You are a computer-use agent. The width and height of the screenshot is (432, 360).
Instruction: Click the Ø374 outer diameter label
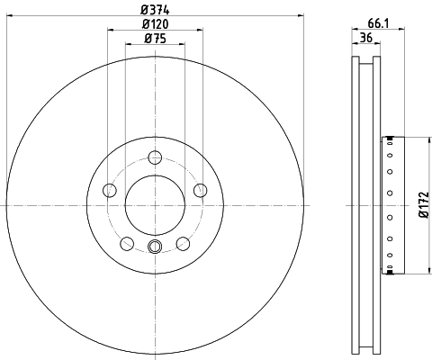coord(155,10)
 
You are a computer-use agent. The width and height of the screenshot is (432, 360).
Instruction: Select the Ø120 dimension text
coord(155,24)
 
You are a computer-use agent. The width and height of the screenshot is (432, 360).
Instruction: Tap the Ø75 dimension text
coord(155,39)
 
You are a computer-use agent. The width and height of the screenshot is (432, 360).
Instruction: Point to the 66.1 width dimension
coord(378,23)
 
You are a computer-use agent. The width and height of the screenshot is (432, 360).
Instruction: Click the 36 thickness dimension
coord(366,38)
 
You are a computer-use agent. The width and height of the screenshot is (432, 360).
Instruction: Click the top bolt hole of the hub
coord(155,157)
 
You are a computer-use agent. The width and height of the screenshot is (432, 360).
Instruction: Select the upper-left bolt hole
coord(110,190)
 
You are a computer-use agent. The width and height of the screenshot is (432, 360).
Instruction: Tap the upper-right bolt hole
coord(201,190)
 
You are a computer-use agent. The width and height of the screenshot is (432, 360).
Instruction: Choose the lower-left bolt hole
coord(127,243)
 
